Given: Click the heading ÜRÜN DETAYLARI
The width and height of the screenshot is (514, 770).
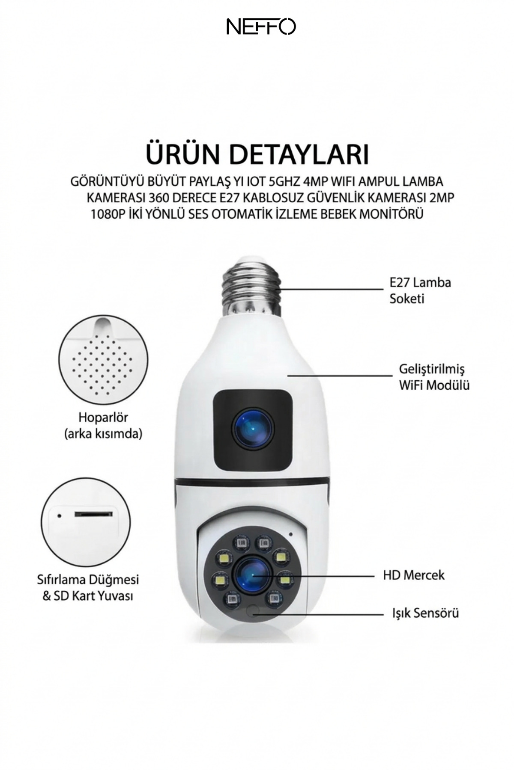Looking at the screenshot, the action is tap(257, 154).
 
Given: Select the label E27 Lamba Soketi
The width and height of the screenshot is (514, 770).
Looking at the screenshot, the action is tap(420, 290).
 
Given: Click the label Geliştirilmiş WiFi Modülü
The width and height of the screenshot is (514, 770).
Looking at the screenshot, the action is tap(434, 377).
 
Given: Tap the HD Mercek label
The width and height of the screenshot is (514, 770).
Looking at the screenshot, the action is tap(414, 575).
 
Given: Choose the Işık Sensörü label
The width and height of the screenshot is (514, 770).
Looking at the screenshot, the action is tap(425, 613).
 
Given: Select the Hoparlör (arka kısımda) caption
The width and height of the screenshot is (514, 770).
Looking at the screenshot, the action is tap(103, 425).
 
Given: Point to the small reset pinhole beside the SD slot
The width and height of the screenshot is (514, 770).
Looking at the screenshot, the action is tap(60, 515).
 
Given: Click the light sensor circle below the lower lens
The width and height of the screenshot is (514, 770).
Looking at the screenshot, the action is tap(253, 610).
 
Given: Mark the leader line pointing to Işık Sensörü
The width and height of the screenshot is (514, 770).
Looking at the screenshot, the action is tap(319, 614).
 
